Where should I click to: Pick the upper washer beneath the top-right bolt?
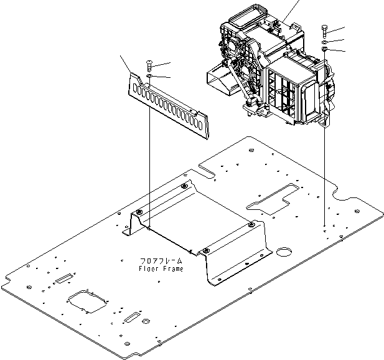click(x=324, y=42)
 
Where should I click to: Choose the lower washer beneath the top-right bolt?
click(x=324, y=50)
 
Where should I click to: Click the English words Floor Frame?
click(x=161, y=268)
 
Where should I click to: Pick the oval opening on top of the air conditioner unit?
click(x=240, y=12)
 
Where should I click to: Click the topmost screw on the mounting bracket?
click(x=184, y=187)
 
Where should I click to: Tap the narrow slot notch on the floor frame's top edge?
click(x=207, y=168)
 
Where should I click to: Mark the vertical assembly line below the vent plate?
click(x=150, y=156)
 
